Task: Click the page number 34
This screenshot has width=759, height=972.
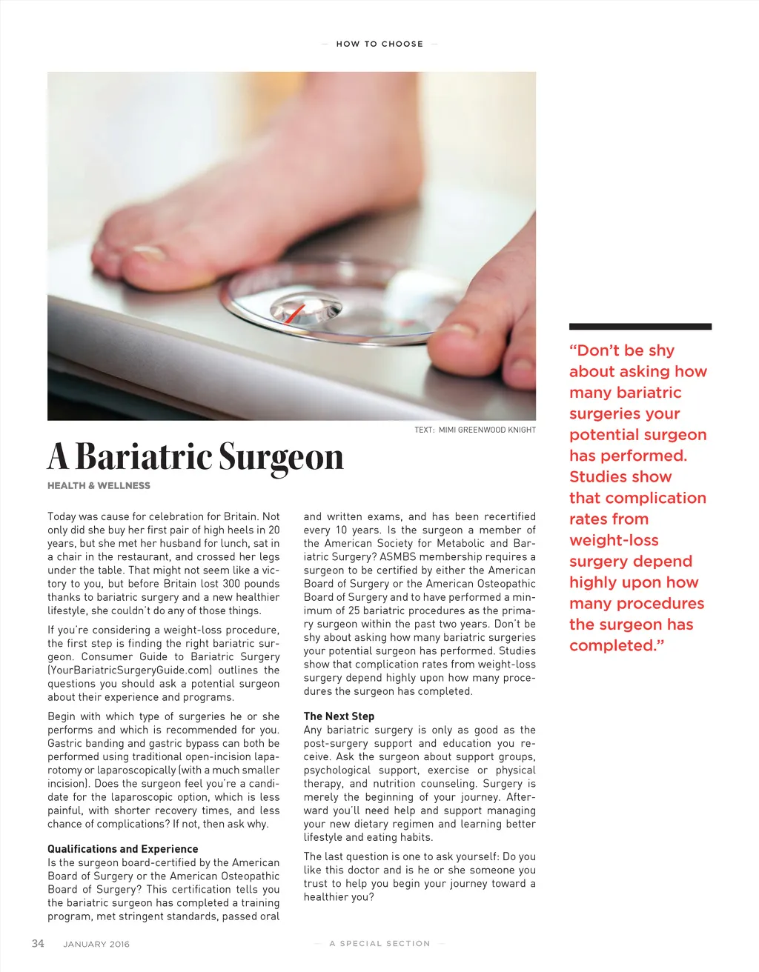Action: pos(38,943)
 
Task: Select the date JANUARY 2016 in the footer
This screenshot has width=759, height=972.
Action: pos(96,944)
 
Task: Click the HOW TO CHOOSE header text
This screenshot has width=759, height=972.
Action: pos(379,44)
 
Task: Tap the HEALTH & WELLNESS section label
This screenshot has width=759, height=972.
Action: pos(99,486)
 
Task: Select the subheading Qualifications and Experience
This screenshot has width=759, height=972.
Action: pos(123,849)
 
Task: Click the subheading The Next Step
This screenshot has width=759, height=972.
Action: pos(339,716)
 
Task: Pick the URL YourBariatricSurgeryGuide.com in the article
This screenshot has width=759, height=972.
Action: pos(130,670)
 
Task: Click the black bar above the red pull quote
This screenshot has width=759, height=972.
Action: pos(640,326)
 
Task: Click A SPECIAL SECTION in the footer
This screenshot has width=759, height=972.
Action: pos(379,944)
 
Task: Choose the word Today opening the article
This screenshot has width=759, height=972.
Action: pos(62,516)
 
